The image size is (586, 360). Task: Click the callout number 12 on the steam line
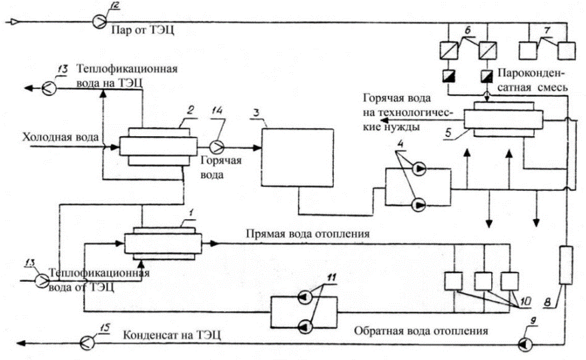point(114,7)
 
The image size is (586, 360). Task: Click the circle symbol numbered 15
point(87,343)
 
